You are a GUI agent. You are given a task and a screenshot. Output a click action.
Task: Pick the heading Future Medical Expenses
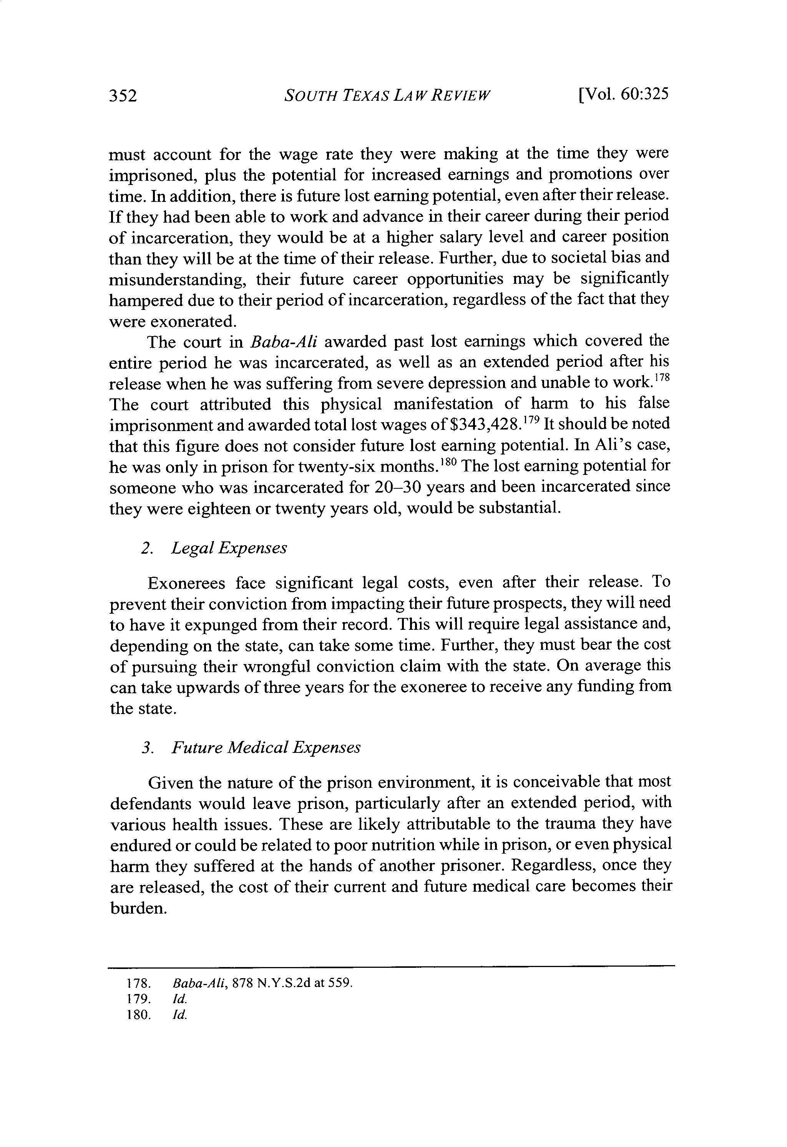[266, 748]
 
